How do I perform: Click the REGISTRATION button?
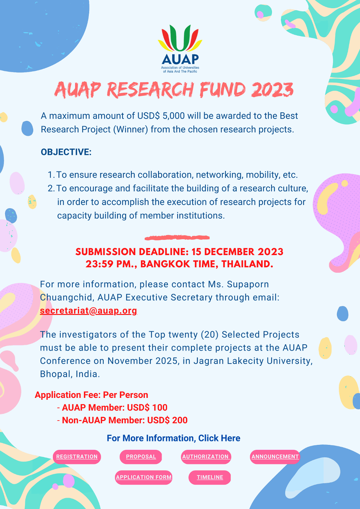77,457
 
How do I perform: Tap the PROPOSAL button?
141,457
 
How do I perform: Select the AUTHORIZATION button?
206,457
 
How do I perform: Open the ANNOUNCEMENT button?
275,457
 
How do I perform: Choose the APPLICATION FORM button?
144,477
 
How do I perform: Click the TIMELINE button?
210,477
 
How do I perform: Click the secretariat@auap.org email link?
88,310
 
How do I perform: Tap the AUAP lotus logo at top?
180,49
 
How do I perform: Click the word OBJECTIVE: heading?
66,152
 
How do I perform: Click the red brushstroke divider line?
177,238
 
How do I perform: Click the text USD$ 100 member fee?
147,408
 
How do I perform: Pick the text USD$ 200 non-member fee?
167,420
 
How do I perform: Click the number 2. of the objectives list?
51,188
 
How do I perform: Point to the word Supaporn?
248,284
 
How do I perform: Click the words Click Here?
219,438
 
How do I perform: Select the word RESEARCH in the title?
150,90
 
